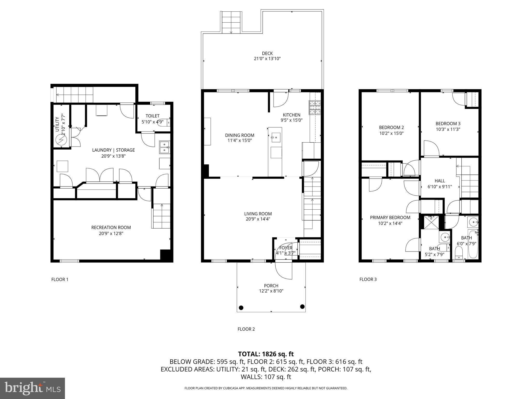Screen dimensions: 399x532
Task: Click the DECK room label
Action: tap(267, 54)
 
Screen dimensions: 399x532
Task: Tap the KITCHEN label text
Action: tap(291, 115)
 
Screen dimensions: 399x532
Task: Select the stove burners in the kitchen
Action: tap(315, 108)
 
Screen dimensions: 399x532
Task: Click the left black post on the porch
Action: tap(241, 308)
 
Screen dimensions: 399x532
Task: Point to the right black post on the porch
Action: tap(302, 307)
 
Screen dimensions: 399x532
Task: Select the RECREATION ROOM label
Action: tap(111, 228)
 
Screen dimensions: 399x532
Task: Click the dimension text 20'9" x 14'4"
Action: tap(258, 219)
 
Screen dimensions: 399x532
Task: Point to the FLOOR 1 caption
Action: tap(60, 280)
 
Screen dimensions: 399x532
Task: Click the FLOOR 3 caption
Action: tap(368, 279)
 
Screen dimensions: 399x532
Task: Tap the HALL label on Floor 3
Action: tap(440, 181)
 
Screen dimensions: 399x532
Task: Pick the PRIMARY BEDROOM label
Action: tap(390, 217)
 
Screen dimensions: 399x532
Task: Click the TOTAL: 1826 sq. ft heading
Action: tap(266, 354)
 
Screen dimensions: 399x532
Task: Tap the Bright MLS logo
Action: tap(32, 388)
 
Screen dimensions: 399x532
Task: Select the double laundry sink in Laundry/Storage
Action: tap(164, 147)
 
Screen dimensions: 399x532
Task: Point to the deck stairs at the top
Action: tap(231, 22)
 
